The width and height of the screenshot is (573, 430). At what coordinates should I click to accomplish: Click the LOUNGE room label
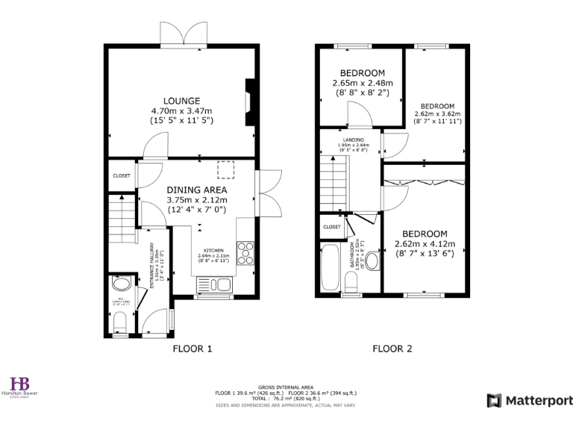[x=183, y=101]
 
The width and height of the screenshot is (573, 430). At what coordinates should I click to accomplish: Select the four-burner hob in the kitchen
[x=245, y=253]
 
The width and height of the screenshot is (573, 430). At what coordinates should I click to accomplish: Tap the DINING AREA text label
[x=196, y=190]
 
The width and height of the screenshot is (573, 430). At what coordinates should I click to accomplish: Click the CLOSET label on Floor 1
[x=122, y=175]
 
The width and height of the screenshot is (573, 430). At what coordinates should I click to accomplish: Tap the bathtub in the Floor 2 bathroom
[x=330, y=269]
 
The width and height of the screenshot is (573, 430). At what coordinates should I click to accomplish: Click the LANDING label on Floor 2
[x=354, y=140]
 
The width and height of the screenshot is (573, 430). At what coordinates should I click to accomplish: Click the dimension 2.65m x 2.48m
[x=363, y=83]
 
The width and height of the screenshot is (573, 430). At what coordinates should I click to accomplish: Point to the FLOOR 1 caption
[x=192, y=349]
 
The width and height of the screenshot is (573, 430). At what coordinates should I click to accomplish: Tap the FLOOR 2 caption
[x=392, y=349]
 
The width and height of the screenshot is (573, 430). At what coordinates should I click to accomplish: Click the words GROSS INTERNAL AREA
[x=286, y=379]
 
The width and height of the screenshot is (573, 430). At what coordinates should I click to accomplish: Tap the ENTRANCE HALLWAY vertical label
[x=153, y=267]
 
